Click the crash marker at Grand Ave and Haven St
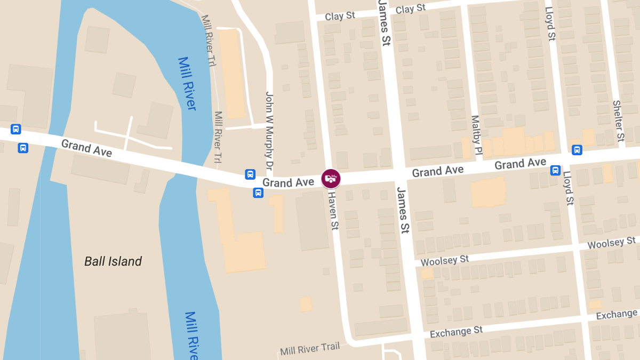pyautogui.click(x=331, y=178)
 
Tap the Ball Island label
pyautogui.click(x=113, y=261)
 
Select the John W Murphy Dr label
pyautogui.click(x=269, y=131)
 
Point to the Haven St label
pyautogui.click(x=333, y=211)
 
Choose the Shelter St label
pyautogui.click(x=619, y=121)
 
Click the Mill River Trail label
pyautogui.click(x=310, y=349)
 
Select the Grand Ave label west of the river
pyautogui.click(x=86, y=148)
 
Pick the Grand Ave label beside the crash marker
pyautogui.click(x=288, y=183)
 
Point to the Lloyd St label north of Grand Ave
pyautogui.click(x=550, y=23)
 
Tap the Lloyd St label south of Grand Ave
pyautogui.click(x=568, y=189)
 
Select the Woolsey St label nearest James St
pyautogui.click(x=445, y=260)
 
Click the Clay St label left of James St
pyautogui.click(x=340, y=16)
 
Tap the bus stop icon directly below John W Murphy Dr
pyautogui.click(x=250, y=174)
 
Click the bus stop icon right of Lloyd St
pyautogui.click(x=577, y=150)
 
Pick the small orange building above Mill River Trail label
pyautogui.click(x=306, y=305)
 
